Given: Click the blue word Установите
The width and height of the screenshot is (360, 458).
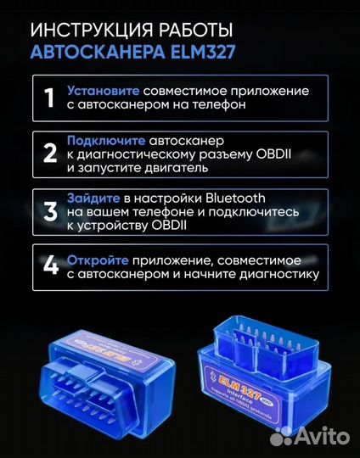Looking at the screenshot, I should click(x=104, y=90).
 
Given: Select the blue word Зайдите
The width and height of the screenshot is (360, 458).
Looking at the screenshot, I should click(x=97, y=195).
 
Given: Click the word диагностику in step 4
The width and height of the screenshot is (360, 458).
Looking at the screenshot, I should click(x=277, y=274).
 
